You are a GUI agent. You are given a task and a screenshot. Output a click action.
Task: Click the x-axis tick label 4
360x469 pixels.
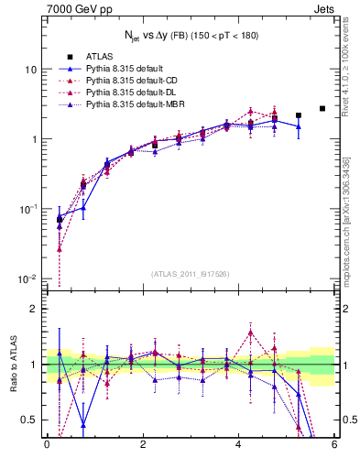[x=238, y=444]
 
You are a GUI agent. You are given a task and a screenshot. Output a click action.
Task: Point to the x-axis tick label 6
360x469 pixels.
[x=334, y=444]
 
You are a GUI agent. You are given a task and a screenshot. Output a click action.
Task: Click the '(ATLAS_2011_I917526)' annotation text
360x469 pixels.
[x=190, y=274]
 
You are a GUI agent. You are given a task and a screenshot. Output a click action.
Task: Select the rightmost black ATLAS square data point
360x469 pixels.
[x=322, y=109]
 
